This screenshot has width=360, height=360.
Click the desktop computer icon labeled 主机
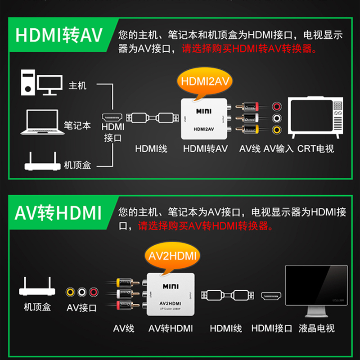[40, 82]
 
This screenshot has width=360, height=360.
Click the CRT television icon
[317, 118]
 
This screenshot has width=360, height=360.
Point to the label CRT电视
[316, 148]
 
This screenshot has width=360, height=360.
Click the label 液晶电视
[317, 328]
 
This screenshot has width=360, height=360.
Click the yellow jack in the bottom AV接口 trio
[71, 292]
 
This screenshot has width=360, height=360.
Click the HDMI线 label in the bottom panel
[226, 328]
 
